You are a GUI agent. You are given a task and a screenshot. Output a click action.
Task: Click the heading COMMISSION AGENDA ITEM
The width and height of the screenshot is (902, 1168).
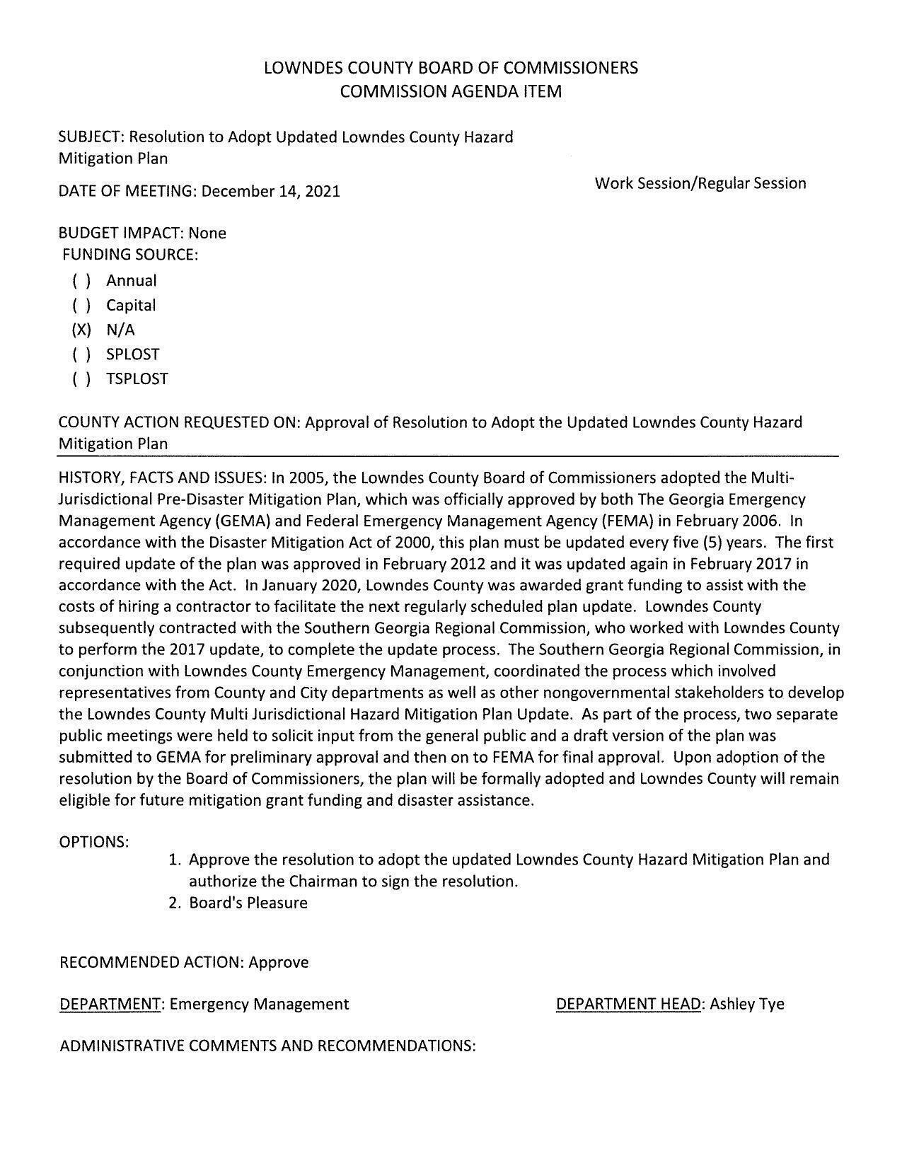pyautogui.click(x=451, y=91)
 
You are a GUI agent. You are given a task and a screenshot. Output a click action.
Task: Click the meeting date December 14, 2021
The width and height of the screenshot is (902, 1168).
pyautogui.click(x=271, y=191)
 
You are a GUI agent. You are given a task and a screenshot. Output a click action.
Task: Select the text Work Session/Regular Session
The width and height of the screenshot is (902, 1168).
pyautogui.click(x=700, y=183)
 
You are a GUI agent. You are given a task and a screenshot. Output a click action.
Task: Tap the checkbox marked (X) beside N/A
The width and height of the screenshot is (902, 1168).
pyautogui.click(x=81, y=330)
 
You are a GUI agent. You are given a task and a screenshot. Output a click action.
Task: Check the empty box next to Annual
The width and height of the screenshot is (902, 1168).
pyautogui.click(x=81, y=281)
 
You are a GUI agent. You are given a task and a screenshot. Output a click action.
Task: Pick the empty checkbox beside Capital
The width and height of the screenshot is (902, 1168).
pyautogui.click(x=81, y=306)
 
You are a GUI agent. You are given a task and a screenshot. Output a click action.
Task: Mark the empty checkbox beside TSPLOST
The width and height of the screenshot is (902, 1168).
pyautogui.click(x=81, y=379)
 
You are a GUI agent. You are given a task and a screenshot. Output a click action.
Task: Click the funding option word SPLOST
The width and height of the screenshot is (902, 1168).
pyautogui.click(x=133, y=354)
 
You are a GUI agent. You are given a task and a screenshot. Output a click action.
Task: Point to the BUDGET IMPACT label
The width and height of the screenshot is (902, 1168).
pyautogui.click(x=121, y=233)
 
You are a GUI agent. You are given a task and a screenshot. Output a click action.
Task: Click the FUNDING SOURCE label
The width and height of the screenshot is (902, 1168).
pyautogui.click(x=130, y=254)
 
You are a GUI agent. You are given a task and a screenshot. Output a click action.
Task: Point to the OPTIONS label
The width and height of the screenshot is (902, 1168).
pyautogui.click(x=94, y=842)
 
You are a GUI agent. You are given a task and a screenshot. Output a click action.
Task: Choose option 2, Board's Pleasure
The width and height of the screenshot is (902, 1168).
pyautogui.click(x=248, y=903)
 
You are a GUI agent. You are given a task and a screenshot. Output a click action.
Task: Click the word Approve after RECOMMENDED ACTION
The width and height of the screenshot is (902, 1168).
pyautogui.click(x=279, y=962)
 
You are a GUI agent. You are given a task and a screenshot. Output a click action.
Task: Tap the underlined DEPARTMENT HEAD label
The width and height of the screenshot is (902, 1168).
pyautogui.click(x=628, y=1004)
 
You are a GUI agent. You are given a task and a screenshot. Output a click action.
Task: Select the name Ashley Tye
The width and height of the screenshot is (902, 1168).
pyautogui.click(x=747, y=1004)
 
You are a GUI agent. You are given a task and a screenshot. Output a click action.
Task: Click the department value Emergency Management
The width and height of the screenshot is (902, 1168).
pyautogui.click(x=259, y=1004)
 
